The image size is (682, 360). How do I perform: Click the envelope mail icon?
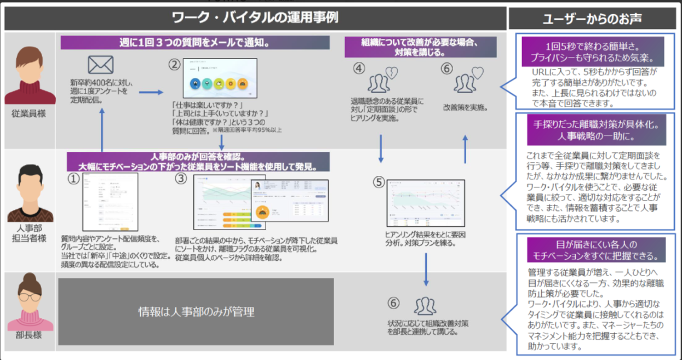click(100, 65)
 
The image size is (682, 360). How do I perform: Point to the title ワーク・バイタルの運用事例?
click(255, 18)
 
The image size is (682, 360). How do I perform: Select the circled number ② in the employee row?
click(174, 65)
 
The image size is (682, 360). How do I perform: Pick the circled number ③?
click(181, 179)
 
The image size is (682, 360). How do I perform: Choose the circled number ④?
click(358, 68)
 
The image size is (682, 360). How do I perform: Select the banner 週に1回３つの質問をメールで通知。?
click(196, 43)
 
